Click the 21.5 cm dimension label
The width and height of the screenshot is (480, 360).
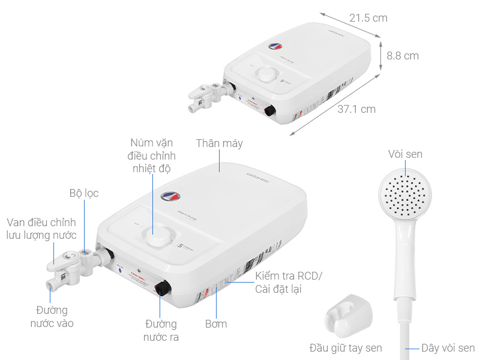pyautogui.click(x=368, y=18)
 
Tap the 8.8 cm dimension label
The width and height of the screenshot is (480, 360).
pyautogui.click(x=403, y=56)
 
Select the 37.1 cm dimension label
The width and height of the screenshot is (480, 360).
pyautogui.click(x=356, y=109)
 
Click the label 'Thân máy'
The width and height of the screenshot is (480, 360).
pyautogui.click(x=220, y=143)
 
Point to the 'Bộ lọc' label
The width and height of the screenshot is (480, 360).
pyautogui.click(x=83, y=193)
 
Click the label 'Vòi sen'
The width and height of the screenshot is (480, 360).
pyautogui.click(x=405, y=154)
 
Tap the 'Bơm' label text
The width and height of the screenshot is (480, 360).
pyautogui.click(x=216, y=324)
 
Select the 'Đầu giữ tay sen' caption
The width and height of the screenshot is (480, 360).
pyautogui.click(x=346, y=348)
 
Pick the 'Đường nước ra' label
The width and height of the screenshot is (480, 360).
pyautogui.click(x=161, y=331)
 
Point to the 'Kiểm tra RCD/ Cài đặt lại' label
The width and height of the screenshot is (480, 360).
pyautogui.click(x=289, y=283)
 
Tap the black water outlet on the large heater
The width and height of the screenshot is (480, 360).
pyautogui.click(x=162, y=289)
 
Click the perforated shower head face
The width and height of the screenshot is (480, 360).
pyautogui.click(x=404, y=194)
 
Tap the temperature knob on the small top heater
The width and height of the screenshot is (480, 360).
pyautogui.click(x=265, y=74)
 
